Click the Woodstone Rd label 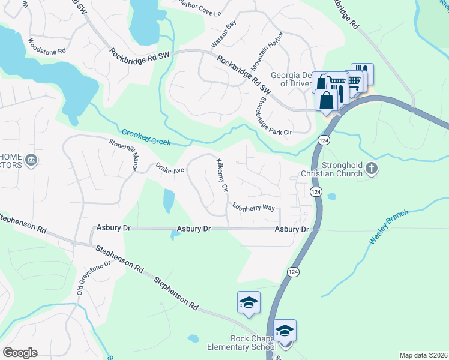point(46,47)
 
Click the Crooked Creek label point(146,138)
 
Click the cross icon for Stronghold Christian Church point(372,169)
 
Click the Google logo point(20,353)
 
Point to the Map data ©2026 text point(423,355)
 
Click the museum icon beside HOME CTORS point(31,160)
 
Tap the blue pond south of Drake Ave point(169,201)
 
